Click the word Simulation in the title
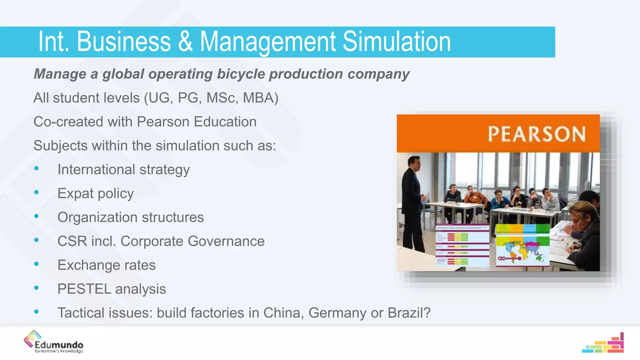point(397,42)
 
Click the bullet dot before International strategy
point(37,169)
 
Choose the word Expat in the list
point(75,193)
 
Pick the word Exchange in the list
point(88,265)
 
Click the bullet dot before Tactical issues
point(37,312)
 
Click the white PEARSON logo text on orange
point(536,134)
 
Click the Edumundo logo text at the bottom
point(59,345)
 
